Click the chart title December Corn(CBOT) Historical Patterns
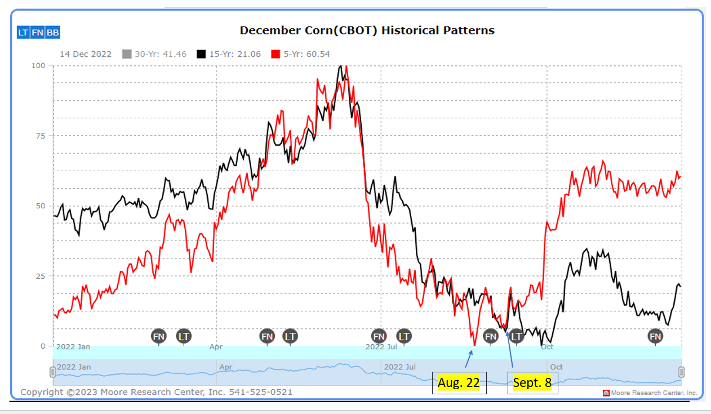click(367, 30)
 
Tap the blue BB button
click(52, 33)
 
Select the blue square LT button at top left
click(23, 33)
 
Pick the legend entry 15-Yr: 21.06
click(228, 54)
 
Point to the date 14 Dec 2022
click(85, 54)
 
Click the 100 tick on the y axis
click(38, 65)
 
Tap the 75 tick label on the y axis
click(41, 136)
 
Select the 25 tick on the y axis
click(41, 276)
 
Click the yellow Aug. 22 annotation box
click(459, 383)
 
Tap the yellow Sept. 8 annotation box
click(532, 383)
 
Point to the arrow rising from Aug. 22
click(469, 358)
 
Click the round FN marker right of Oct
click(655, 337)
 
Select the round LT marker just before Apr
click(184, 337)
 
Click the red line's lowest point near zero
click(474, 345)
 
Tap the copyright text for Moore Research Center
click(157, 392)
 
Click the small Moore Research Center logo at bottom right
click(606, 393)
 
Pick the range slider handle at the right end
click(681, 372)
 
